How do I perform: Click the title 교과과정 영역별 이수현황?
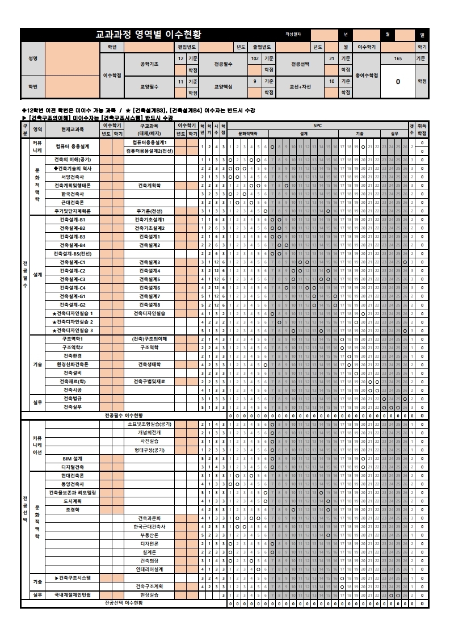152,35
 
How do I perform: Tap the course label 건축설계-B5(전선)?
73,253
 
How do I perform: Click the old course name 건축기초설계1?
150,219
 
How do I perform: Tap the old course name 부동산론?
150,535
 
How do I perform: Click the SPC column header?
317,125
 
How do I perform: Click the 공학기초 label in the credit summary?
149,64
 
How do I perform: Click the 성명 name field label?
32,58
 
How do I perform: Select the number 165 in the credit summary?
398,58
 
